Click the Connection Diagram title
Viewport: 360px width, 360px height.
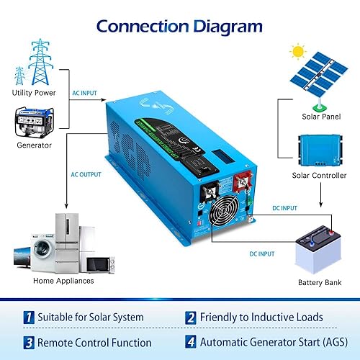(x=179, y=27)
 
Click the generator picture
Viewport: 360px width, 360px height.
(x=35, y=122)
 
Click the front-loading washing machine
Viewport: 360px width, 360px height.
(x=31, y=252)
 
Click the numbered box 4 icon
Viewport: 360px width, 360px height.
(x=191, y=342)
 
